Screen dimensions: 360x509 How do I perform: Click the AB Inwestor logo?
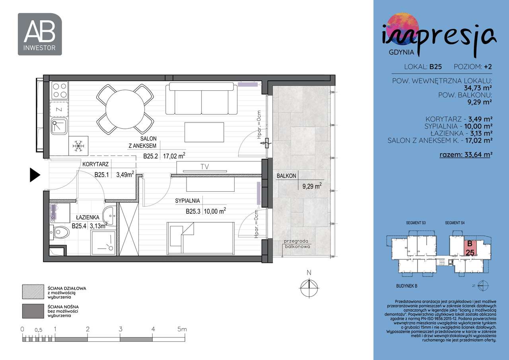coord(40,34)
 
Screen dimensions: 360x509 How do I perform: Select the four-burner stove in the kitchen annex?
coord(59,90)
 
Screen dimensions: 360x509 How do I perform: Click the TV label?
coord(204,167)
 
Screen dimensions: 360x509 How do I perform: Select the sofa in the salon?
coord(201,98)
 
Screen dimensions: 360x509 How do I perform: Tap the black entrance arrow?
coord(35,175)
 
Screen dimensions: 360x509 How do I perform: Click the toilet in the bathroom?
coord(60,232)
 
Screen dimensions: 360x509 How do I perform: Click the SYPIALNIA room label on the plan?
coord(187,201)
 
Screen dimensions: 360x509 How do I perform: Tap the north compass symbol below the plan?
coord(309,286)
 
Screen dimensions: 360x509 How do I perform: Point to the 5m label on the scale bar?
coord(182,329)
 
